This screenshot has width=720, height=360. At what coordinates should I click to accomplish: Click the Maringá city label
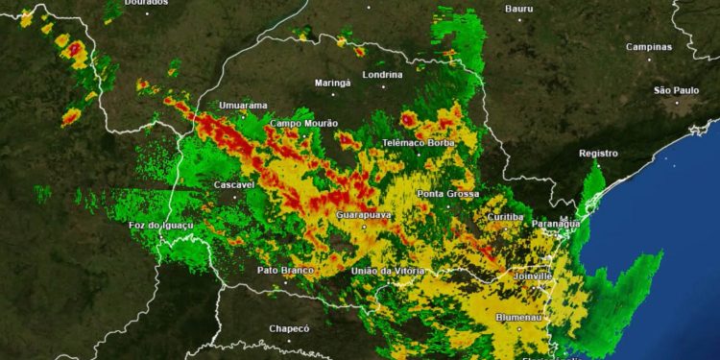(333, 83)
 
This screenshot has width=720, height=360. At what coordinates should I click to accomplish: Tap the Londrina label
(382, 74)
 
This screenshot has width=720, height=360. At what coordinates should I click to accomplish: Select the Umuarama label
(243, 106)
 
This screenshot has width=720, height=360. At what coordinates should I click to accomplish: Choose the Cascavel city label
(234, 184)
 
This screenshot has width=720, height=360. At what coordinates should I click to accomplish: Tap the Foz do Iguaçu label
(161, 225)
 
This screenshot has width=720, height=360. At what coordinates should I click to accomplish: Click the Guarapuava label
(364, 214)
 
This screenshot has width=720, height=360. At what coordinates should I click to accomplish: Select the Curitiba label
(506, 217)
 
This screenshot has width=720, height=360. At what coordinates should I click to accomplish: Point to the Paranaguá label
(556, 223)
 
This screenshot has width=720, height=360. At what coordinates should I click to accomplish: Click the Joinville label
(535, 276)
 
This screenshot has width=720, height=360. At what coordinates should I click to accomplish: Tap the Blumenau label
(519, 317)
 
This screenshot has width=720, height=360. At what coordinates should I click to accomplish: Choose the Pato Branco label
(285, 270)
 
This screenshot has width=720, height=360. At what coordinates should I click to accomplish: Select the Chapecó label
(289, 328)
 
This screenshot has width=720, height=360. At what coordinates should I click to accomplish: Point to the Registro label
(598, 154)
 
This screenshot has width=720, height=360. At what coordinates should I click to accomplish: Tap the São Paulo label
(676, 90)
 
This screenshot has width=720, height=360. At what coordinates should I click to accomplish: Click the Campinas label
(649, 46)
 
